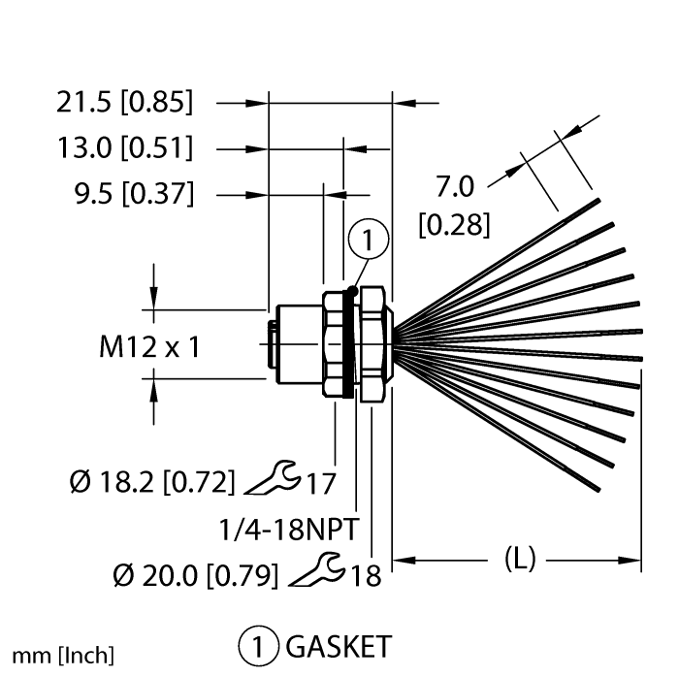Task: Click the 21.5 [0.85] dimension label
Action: pos(125,103)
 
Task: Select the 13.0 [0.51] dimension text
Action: pos(125,147)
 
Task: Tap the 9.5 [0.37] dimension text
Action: pos(134,193)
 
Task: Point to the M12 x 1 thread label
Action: pos(149,346)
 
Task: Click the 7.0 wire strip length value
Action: pos(455,186)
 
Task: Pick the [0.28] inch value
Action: pos(455,225)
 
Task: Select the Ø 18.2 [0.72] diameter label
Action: pos(152,482)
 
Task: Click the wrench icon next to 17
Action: pos(273,477)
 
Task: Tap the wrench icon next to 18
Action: pos(317,569)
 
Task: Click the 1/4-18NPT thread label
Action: pos(289,529)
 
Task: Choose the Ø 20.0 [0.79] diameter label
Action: pos(196,575)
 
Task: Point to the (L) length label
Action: pos(520,559)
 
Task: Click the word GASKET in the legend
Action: pos(339,647)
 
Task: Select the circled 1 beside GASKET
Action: pos(258,647)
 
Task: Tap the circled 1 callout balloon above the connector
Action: pos(369,239)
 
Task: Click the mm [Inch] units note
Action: pos(63,656)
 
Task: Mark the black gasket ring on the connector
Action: pos(348,343)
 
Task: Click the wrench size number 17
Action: pos(321,484)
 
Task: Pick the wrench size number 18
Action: pos(366,576)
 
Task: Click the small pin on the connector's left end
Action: pos(272,344)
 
